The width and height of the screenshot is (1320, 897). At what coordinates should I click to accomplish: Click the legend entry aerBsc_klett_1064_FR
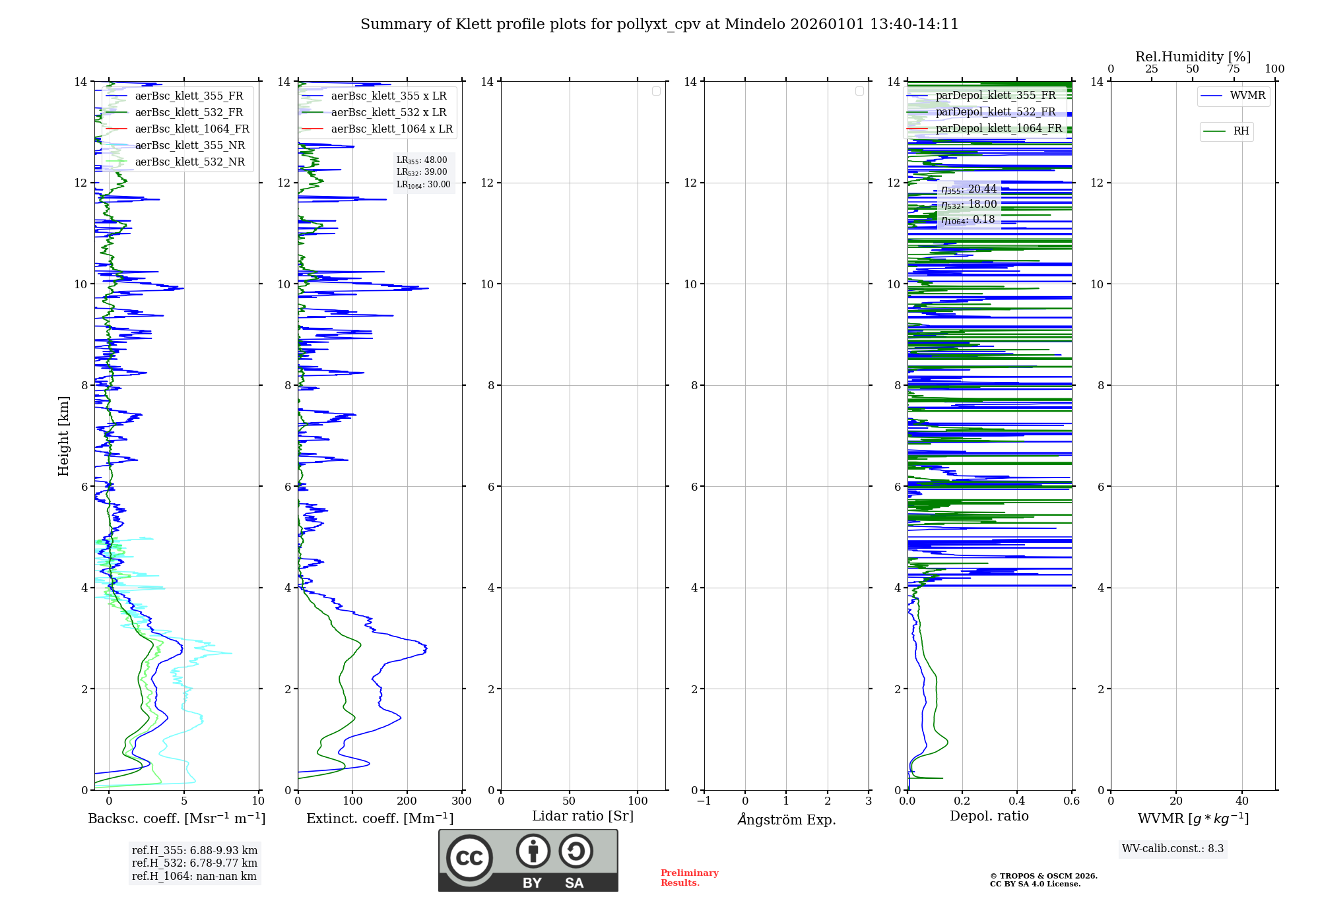pyautogui.click(x=191, y=129)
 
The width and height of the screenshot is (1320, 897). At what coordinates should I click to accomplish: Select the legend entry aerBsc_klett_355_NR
pyautogui.click(x=189, y=145)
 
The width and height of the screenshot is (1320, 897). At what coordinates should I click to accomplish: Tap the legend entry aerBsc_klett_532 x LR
pyautogui.click(x=388, y=112)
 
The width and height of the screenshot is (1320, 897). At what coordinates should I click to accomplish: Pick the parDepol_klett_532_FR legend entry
pyautogui.click(x=995, y=111)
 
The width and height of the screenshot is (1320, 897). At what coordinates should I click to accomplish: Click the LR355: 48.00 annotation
pyautogui.click(x=422, y=160)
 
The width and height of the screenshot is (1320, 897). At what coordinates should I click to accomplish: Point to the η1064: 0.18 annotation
pyautogui.click(x=968, y=220)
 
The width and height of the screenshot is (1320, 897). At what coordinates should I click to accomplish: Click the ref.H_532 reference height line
pyautogui.click(x=194, y=863)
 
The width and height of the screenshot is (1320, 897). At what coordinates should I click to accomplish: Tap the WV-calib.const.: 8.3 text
pyautogui.click(x=1173, y=849)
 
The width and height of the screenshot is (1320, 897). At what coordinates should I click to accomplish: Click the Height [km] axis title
pyautogui.click(x=63, y=436)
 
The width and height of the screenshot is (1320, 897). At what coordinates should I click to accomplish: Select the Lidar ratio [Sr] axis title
pyautogui.click(x=583, y=817)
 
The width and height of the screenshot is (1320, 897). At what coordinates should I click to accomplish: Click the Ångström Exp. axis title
pyautogui.click(x=787, y=820)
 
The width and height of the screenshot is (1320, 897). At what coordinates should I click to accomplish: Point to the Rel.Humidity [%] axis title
pyautogui.click(x=1193, y=57)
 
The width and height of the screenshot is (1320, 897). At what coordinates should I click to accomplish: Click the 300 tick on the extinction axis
pyautogui.click(x=462, y=801)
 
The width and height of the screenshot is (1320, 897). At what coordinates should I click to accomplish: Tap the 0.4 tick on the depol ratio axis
pyautogui.click(x=1017, y=801)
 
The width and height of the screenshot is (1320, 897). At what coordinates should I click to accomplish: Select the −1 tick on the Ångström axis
pyautogui.click(x=704, y=801)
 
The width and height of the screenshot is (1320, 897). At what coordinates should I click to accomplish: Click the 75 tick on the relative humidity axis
pyautogui.click(x=1234, y=69)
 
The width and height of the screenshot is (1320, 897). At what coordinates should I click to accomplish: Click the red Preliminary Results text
pyautogui.click(x=689, y=878)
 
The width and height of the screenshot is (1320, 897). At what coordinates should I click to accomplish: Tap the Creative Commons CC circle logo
pyautogui.click(x=469, y=858)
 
